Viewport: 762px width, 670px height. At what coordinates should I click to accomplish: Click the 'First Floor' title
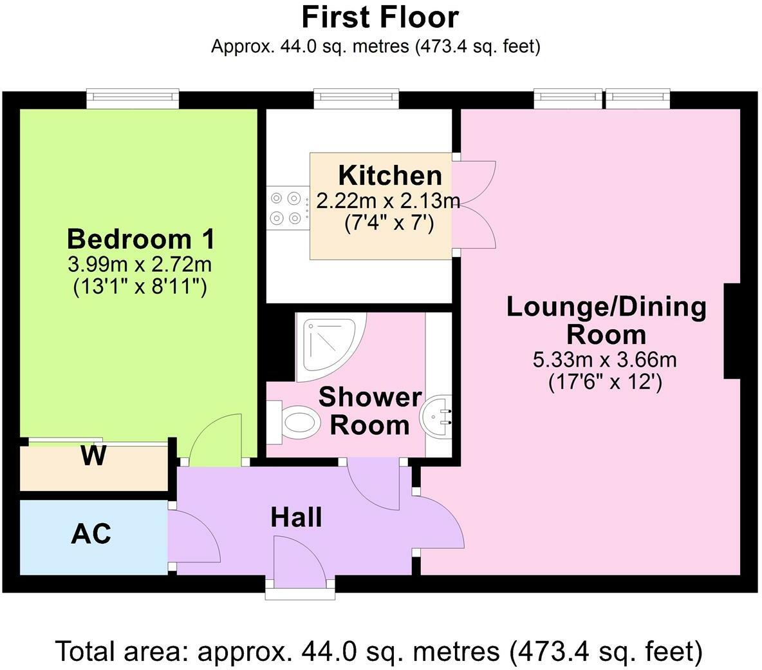point(380,17)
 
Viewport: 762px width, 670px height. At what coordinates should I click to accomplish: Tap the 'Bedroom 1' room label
point(140,239)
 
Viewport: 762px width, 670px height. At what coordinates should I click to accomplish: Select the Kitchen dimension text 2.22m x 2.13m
point(389,201)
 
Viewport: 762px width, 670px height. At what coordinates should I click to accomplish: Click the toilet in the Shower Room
point(296,423)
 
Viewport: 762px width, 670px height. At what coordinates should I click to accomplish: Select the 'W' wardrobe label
point(93,457)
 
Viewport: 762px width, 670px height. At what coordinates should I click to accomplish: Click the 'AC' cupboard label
point(91,533)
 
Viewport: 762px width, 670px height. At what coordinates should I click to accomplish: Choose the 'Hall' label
point(296,517)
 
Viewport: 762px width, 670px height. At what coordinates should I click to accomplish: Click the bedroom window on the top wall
point(133,97)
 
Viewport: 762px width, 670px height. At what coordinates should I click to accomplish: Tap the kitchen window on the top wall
point(356,97)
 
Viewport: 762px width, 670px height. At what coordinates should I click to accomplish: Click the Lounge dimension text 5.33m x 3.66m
point(605,359)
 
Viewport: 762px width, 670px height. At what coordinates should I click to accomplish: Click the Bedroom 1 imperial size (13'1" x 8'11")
point(140,285)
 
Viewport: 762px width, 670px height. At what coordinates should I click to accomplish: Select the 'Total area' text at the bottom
point(379,651)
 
